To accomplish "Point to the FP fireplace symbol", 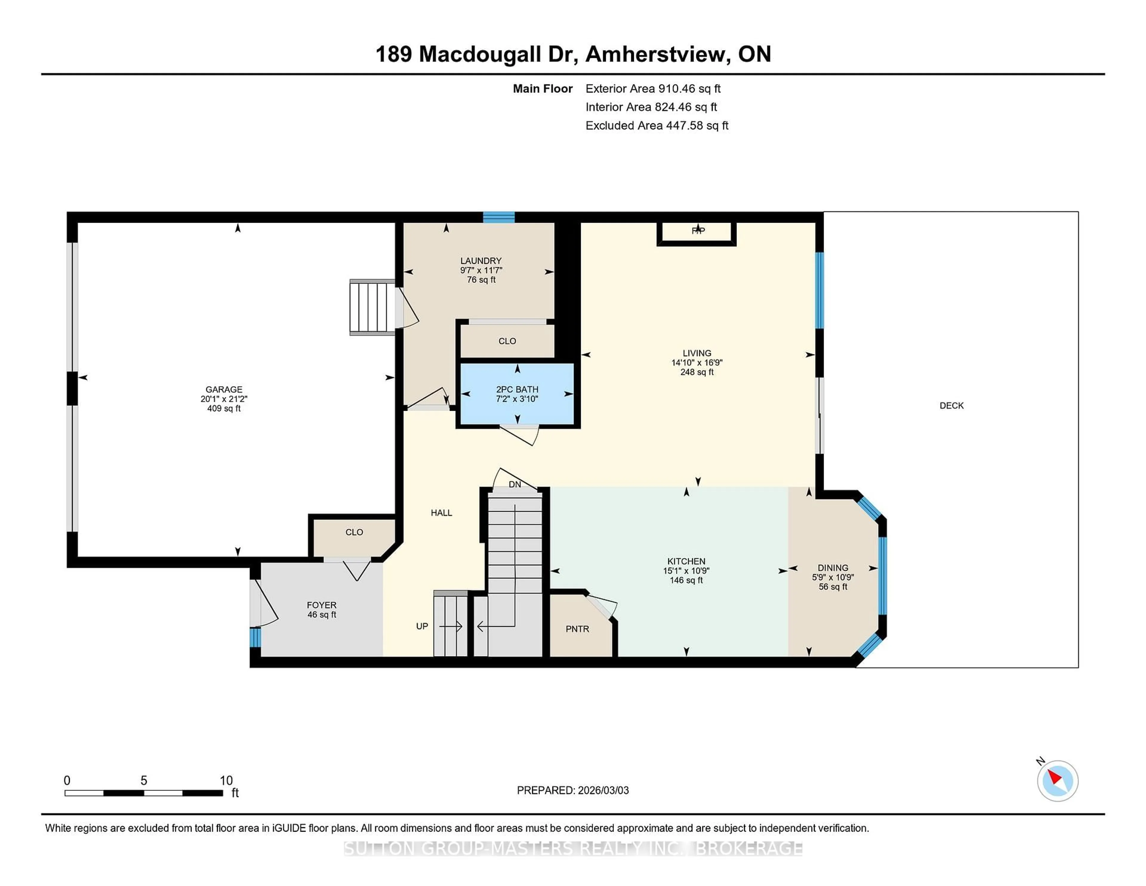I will [698, 230].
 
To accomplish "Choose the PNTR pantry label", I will [577, 629].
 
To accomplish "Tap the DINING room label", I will [833, 568].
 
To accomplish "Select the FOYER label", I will [322, 605].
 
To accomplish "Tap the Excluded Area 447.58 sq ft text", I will [657, 125].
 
